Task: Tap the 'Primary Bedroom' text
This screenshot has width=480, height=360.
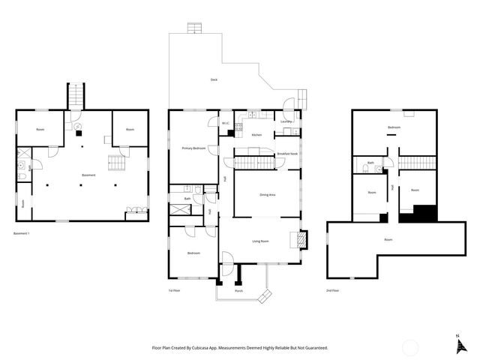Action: coord(194,148)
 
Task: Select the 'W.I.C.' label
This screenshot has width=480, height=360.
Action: coord(225,122)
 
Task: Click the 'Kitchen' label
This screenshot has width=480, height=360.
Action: coord(256,134)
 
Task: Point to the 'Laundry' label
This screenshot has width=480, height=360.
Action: coord(285,121)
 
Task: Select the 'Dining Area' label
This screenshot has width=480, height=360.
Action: coord(268,195)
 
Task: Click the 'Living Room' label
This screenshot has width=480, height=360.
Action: coord(260,241)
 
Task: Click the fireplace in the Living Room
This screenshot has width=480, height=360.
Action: coord(302,239)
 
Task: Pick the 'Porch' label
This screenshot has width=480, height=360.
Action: coord(238,290)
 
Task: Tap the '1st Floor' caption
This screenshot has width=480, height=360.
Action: coord(174,290)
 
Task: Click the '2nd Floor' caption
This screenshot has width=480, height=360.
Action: coord(332,290)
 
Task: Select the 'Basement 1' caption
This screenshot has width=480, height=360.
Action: coord(23,233)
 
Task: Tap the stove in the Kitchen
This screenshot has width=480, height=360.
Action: coord(238,127)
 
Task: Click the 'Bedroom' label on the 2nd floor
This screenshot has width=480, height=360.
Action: coord(394,127)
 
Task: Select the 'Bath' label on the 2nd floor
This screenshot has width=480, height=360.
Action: coord(370,163)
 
